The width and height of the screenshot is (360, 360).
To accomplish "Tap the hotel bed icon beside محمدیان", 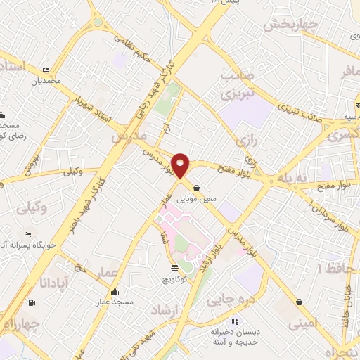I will tap(46, 71).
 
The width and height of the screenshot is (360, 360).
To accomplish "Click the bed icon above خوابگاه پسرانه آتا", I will tap(27, 235).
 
